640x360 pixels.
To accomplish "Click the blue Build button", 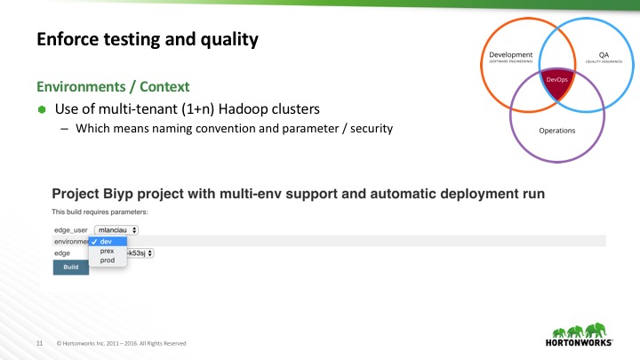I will point(71,267).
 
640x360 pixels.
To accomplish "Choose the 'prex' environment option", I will point(107,251).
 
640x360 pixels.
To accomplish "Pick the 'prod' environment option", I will point(107,260).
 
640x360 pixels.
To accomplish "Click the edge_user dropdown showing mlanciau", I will point(116,228).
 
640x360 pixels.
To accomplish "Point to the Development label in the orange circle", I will point(510,55).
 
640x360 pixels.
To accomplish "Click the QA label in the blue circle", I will point(592,55).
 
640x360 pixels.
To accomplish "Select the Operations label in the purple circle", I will point(556,130).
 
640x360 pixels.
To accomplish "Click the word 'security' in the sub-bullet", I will point(373,129).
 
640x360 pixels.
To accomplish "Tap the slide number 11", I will point(39,343).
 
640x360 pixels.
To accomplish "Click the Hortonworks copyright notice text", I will point(122,343).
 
